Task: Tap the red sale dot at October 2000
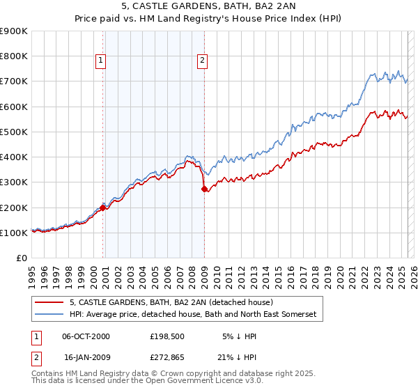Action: point(103,208)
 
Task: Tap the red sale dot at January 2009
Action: point(204,189)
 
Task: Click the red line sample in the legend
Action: point(49,302)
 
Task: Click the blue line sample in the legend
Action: point(49,315)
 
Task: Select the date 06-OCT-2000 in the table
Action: point(86,336)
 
